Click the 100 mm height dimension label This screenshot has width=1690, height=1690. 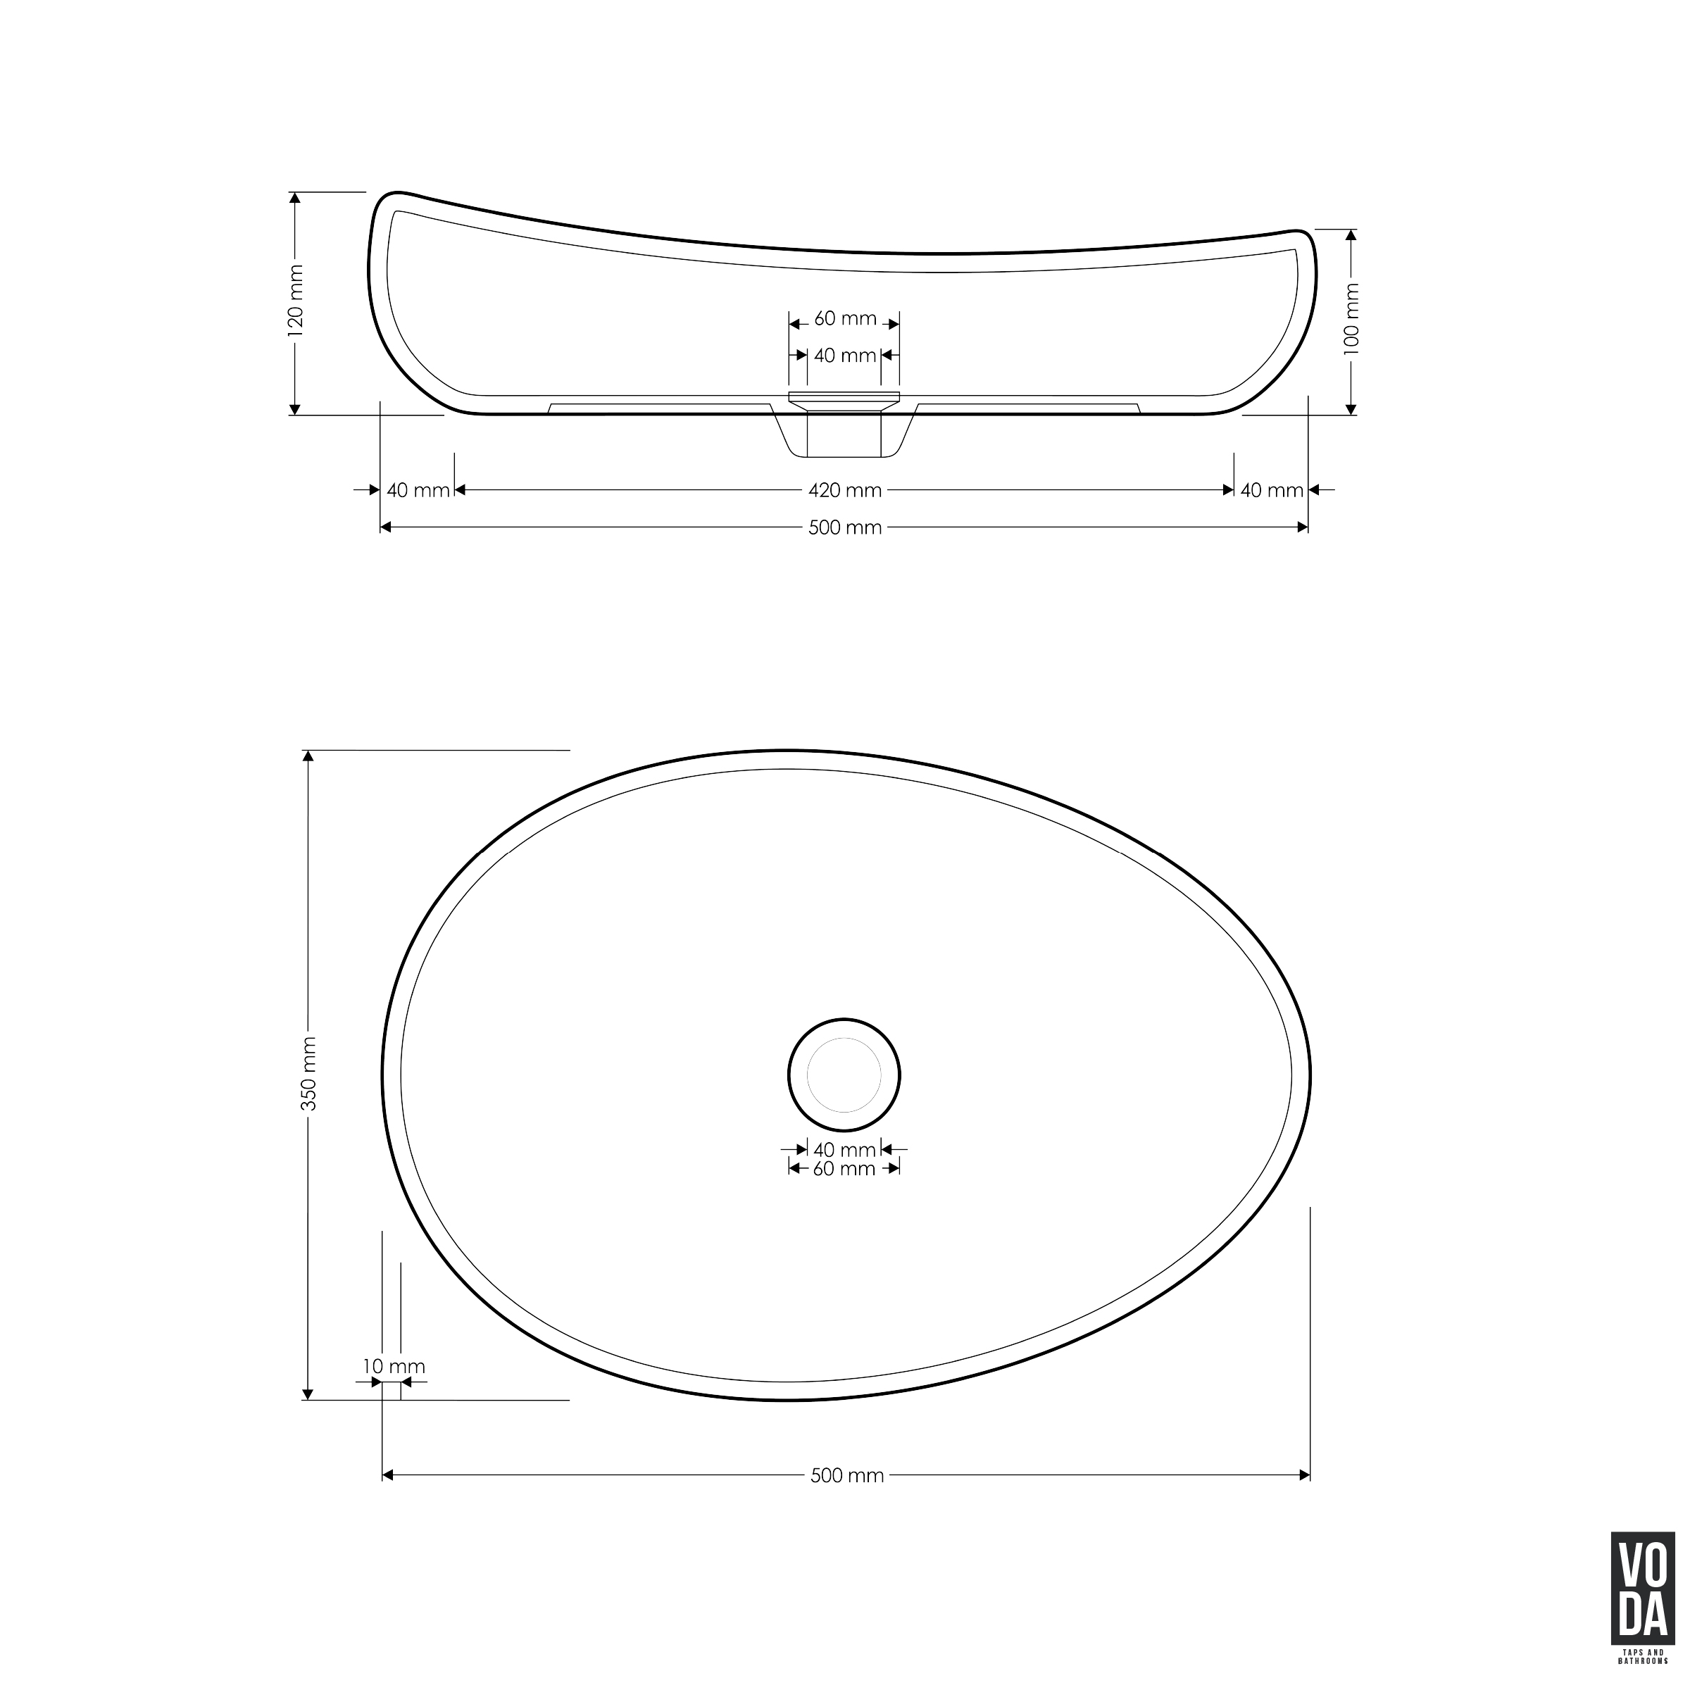click(1351, 318)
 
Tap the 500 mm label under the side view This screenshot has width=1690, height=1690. click(845, 527)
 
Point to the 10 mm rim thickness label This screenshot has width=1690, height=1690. click(394, 1366)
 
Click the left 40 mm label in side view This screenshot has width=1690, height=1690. click(418, 491)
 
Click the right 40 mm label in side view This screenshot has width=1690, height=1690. click(1272, 491)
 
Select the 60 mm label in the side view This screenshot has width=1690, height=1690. click(845, 319)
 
